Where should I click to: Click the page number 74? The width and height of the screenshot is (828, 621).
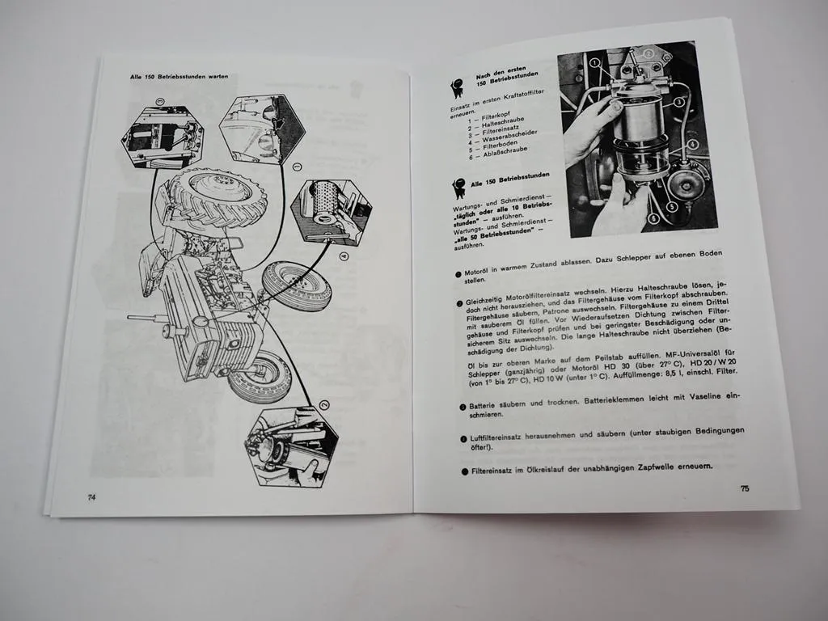(x=91, y=497)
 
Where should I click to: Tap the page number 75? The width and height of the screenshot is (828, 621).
(x=745, y=488)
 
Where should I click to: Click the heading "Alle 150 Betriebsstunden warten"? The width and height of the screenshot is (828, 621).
(x=179, y=77)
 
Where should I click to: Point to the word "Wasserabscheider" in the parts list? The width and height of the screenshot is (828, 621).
(x=509, y=137)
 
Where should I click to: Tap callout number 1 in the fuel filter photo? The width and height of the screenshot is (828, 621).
(x=594, y=63)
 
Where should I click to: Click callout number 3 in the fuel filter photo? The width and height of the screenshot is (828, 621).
(x=679, y=102)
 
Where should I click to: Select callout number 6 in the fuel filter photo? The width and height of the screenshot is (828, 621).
(x=653, y=218)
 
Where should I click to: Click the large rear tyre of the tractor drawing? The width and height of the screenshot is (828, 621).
(x=218, y=197)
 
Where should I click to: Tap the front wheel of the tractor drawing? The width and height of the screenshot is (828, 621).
(x=260, y=376)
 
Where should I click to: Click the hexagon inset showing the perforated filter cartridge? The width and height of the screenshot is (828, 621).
(x=332, y=210)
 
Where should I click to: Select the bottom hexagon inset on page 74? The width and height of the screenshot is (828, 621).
(x=291, y=447)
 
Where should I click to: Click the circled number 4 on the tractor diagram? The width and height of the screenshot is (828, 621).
(x=344, y=256)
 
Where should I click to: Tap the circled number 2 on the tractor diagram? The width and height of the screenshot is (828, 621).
(x=323, y=405)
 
